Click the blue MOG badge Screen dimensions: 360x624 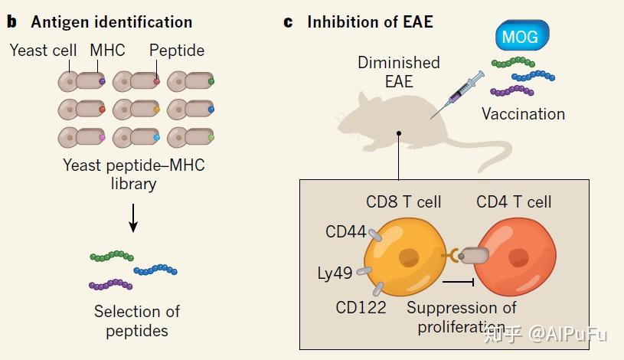coord(521,35)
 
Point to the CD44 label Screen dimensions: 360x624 coord(347,231)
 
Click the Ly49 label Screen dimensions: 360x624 coord(335,273)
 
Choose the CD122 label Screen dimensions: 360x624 coord(360,307)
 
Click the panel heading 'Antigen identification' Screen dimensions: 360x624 coord(111,22)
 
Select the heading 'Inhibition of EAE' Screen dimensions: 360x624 coord(370,21)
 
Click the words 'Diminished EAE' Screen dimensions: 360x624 coord(398,71)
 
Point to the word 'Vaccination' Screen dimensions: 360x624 coord(523,114)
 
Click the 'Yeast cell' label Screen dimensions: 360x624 coord(44,51)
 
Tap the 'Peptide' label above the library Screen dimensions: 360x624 coord(177,51)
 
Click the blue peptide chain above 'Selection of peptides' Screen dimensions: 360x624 coord(155,270)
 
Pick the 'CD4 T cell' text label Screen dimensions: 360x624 coord(514,202)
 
